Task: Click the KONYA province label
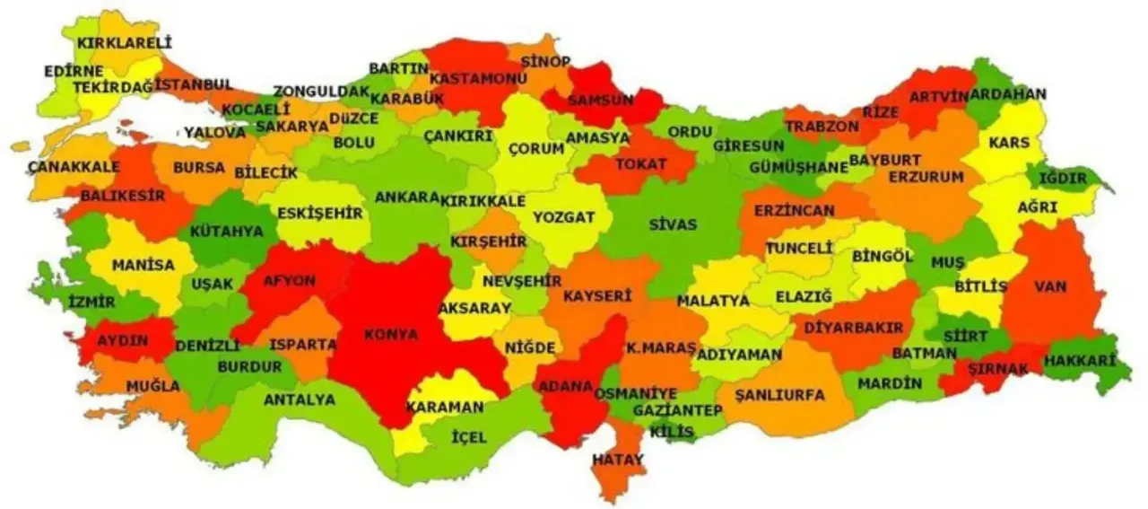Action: (390, 334)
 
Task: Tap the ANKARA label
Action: (406, 197)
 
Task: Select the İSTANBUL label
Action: (194, 84)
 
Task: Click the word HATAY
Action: (618, 460)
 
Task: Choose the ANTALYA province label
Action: (300, 399)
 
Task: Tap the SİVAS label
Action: (673, 224)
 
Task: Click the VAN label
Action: (1049, 286)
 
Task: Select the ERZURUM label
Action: (926, 177)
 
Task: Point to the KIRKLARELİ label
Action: (124, 42)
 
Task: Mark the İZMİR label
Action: (91, 303)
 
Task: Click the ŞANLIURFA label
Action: (778, 394)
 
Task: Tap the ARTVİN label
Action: (939, 96)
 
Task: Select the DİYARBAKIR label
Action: (852, 328)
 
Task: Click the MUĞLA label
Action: (127, 386)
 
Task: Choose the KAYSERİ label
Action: (597, 294)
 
